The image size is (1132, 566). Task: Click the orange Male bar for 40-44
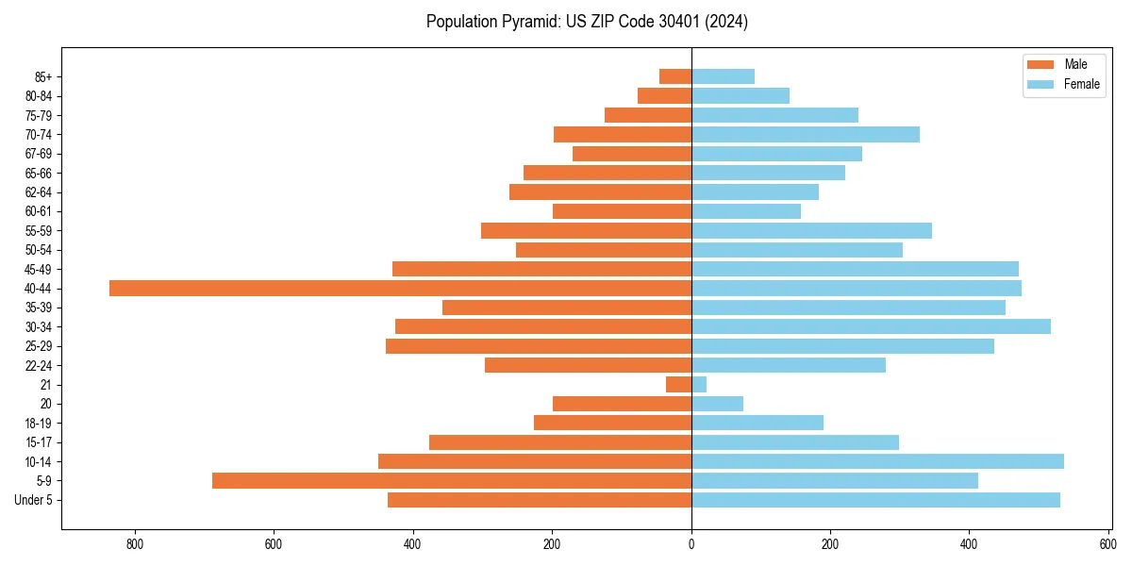[400, 289]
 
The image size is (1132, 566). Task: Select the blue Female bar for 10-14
[877, 461]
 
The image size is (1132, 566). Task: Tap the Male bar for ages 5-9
[452, 481]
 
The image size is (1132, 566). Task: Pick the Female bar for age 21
[699, 385]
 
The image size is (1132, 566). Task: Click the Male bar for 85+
[675, 76]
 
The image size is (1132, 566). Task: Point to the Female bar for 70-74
[806, 135]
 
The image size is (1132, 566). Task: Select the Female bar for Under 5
[875, 500]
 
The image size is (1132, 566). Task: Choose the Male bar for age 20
[622, 404]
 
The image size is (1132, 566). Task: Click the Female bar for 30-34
[871, 327]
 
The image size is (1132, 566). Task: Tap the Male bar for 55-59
[586, 231]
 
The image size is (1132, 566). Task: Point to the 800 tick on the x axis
[135, 544]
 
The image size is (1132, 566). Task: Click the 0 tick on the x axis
[691, 544]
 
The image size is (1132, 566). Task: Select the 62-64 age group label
[39, 192]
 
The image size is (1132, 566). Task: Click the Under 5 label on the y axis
[33, 500]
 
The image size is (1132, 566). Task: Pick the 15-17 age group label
[39, 442]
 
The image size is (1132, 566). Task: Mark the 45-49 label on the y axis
[39, 270]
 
